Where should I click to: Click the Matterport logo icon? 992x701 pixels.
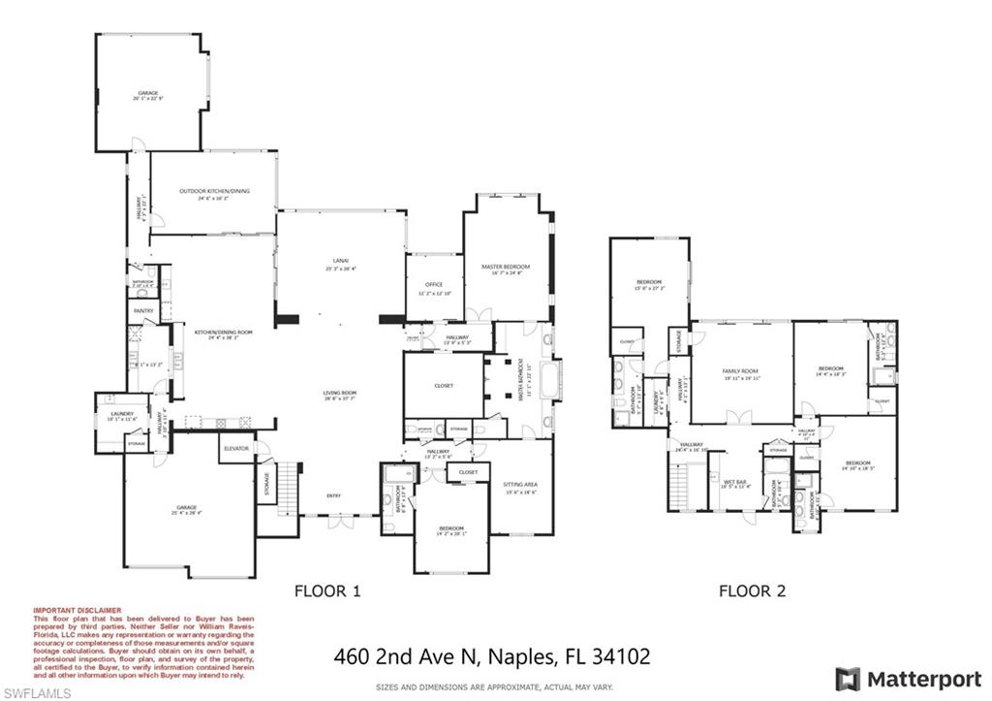tap(848, 678)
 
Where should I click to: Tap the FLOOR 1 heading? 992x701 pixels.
tap(326, 589)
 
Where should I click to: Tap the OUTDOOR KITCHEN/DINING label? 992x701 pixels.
tap(214, 191)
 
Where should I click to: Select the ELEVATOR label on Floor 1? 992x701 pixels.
tap(236, 449)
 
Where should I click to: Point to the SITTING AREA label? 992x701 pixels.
tap(519, 484)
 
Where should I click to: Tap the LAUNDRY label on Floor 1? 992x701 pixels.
tap(122, 414)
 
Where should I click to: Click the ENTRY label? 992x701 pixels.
tap(333, 496)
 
